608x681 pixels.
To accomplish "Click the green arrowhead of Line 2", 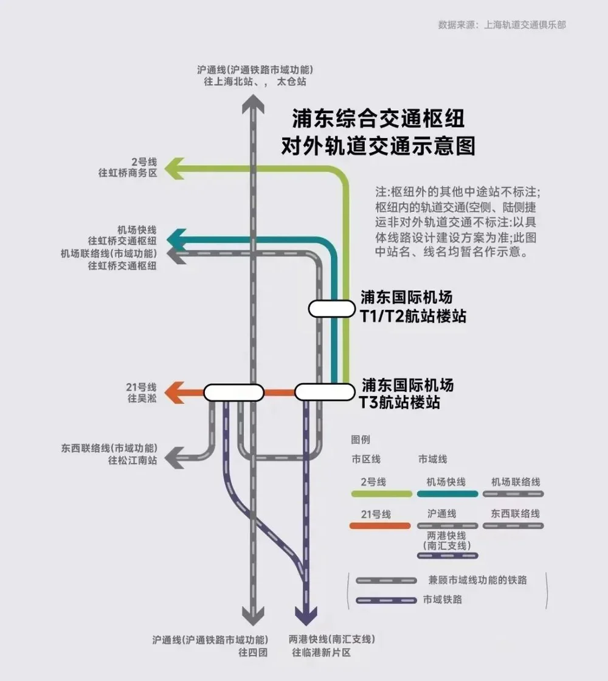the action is [174, 169].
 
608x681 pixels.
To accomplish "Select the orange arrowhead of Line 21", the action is [174, 393].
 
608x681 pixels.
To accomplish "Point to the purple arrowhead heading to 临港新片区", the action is [306, 616].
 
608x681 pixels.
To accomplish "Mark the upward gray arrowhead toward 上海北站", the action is [253, 105].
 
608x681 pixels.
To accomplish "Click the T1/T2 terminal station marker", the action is [331, 309].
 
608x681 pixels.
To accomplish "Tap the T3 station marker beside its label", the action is [325, 392].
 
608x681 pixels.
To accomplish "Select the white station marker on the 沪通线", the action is [234, 393].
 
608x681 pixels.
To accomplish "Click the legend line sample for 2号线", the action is [382, 494].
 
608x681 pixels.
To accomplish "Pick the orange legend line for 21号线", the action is [380, 526].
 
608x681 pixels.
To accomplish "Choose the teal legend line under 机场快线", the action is [447, 494].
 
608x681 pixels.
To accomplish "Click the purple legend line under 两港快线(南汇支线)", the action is [447, 556].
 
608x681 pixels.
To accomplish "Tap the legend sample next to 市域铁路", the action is [386, 600].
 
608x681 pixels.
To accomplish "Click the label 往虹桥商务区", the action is [128, 173].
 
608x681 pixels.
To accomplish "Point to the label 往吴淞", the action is [142, 398].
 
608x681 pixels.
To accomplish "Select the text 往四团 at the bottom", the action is [253, 652].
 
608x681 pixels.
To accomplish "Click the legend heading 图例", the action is [361, 439].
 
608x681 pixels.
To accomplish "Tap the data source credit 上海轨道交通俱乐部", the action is [525, 25].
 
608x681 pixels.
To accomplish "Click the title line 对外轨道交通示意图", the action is [378, 146].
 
